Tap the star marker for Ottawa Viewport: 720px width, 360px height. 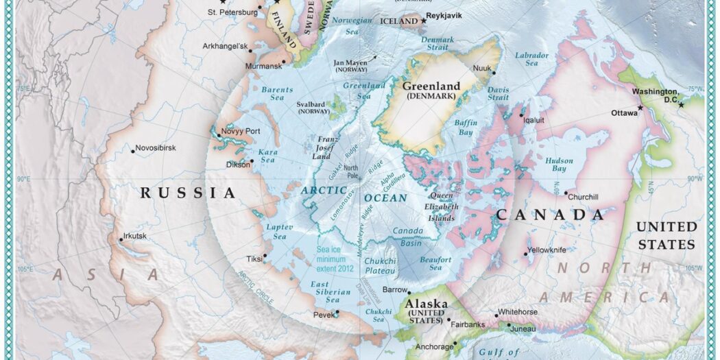click(640, 108)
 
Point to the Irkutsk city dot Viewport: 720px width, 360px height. click(121, 239)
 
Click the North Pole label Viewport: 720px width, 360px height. click(351, 171)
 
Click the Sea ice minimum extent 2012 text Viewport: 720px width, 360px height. click(335, 259)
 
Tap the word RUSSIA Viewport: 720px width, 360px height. click(188, 193)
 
